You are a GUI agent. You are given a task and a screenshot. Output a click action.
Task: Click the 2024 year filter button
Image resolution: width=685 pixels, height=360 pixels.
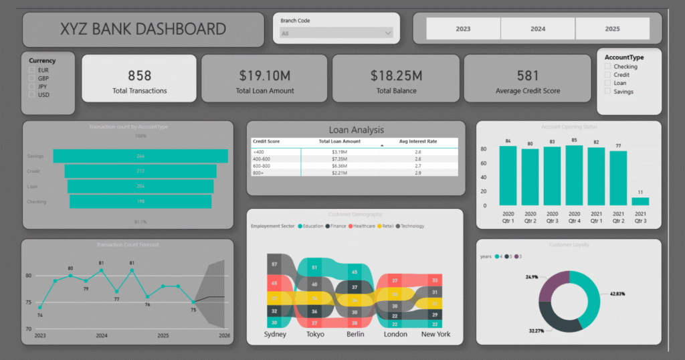538,29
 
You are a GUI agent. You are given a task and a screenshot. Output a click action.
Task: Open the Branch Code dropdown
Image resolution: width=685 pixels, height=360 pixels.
336,33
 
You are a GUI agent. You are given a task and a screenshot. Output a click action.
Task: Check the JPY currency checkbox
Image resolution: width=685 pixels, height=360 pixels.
31,86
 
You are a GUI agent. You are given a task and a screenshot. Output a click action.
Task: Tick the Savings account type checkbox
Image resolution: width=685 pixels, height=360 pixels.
607,92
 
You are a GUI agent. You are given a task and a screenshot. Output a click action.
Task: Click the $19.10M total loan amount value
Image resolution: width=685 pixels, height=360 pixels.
264,76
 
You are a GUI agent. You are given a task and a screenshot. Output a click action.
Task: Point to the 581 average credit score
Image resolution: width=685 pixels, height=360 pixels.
528,76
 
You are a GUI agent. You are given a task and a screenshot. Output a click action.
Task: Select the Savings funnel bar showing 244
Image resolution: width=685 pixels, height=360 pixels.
140,156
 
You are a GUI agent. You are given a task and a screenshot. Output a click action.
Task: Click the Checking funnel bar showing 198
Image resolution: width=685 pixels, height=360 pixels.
140,201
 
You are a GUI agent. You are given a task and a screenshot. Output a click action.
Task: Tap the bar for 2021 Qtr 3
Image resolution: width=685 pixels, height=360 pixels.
640,201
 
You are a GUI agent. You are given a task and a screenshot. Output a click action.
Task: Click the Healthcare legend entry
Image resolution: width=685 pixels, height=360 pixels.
363,226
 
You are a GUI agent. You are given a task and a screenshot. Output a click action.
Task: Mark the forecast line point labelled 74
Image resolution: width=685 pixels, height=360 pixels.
40,307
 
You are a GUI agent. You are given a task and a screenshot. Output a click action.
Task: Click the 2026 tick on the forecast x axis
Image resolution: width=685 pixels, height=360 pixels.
224,335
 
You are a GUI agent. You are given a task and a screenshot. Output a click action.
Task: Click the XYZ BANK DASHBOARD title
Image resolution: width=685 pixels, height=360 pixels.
143,29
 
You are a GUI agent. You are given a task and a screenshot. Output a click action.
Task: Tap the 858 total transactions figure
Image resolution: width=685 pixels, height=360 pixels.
140,76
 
